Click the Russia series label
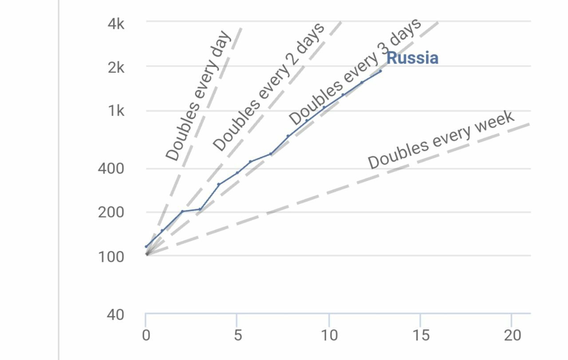click(413, 58)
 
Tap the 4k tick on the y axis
click(116, 24)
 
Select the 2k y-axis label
click(116, 68)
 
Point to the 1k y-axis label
click(116, 111)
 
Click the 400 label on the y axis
click(111, 168)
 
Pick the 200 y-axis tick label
click(111, 212)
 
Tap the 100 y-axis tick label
click(111, 257)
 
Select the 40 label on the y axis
click(115, 315)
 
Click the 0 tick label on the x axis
click(146, 336)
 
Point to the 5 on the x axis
click(238, 336)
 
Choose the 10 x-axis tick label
click(329, 336)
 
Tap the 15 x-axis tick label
click(421, 336)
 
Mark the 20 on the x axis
click(513, 336)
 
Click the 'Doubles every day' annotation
click(198, 95)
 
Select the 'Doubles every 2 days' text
click(268, 87)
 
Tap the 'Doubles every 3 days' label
click(355, 72)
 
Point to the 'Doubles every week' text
click(441, 139)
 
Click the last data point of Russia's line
click(380, 71)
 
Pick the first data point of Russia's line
click(146, 246)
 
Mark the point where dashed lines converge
click(146, 254)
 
